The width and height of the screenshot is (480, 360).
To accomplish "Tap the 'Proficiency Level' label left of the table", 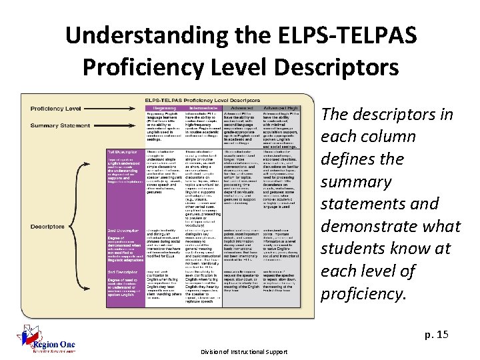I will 55,109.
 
